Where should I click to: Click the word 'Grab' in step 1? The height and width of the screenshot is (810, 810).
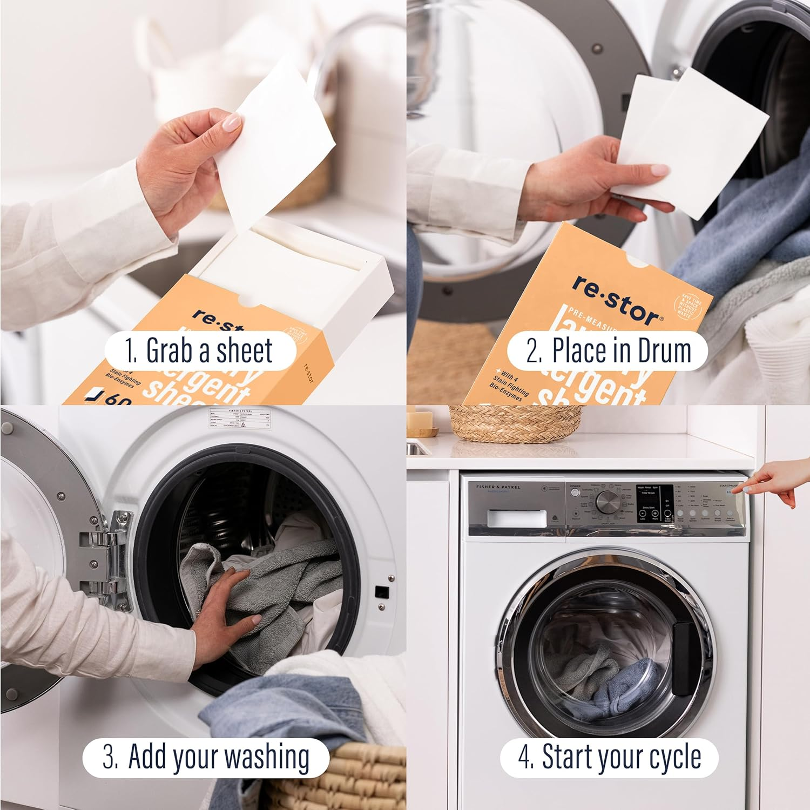tap(170, 352)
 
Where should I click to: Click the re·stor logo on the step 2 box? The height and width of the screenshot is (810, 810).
tap(615, 300)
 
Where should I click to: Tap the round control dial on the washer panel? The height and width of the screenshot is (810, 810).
tap(605, 503)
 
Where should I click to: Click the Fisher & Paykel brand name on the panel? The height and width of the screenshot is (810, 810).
tap(498, 487)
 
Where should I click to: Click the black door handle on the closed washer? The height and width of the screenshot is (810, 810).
tap(683, 658)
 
